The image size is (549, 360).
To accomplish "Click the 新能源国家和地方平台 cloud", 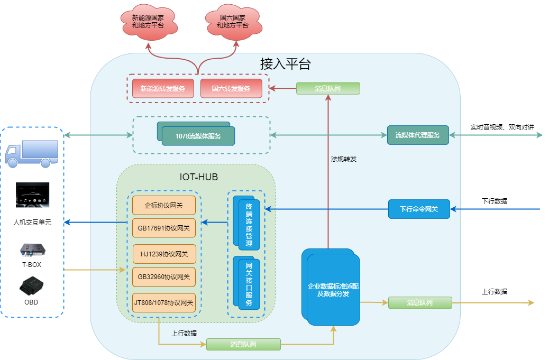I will point(148,22).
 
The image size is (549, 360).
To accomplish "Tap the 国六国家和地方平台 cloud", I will point(232,22).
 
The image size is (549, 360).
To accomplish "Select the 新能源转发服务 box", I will point(163,89).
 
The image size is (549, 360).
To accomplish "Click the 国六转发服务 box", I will point(231,89).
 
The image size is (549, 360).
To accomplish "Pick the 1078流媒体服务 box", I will point(198,136).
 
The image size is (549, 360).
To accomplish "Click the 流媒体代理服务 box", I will point(418,135).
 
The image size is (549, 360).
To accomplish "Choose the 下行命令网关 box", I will point(419,209).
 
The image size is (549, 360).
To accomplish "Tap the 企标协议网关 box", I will point(163,205).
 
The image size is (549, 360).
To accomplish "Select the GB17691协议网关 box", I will point(163,228).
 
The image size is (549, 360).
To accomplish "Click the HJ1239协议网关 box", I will point(164,254).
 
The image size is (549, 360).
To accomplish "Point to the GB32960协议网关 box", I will point(163,276).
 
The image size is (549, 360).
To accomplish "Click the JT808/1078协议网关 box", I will point(163,303).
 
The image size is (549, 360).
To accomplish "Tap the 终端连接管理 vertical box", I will point(249,224).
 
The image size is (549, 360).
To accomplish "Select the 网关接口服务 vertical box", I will point(249,284).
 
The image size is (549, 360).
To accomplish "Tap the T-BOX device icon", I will point(32,250).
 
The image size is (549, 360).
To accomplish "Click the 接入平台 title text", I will point(286,64).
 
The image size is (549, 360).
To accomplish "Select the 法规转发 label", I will point(344,159).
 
